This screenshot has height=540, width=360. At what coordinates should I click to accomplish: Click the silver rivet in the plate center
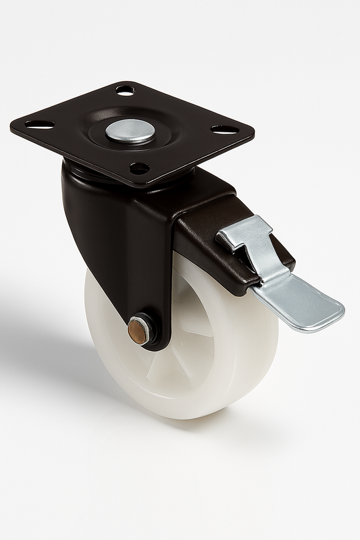tap(130, 130)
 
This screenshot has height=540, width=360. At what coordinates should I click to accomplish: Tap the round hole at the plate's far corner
tap(125, 90)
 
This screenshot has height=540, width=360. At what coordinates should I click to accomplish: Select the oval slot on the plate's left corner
tap(40, 125)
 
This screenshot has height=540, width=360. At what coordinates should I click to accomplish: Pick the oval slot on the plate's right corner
tap(224, 129)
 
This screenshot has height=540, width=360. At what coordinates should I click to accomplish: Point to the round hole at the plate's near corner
tap(139, 167)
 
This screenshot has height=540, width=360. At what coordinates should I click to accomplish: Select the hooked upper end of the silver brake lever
tap(243, 233)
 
